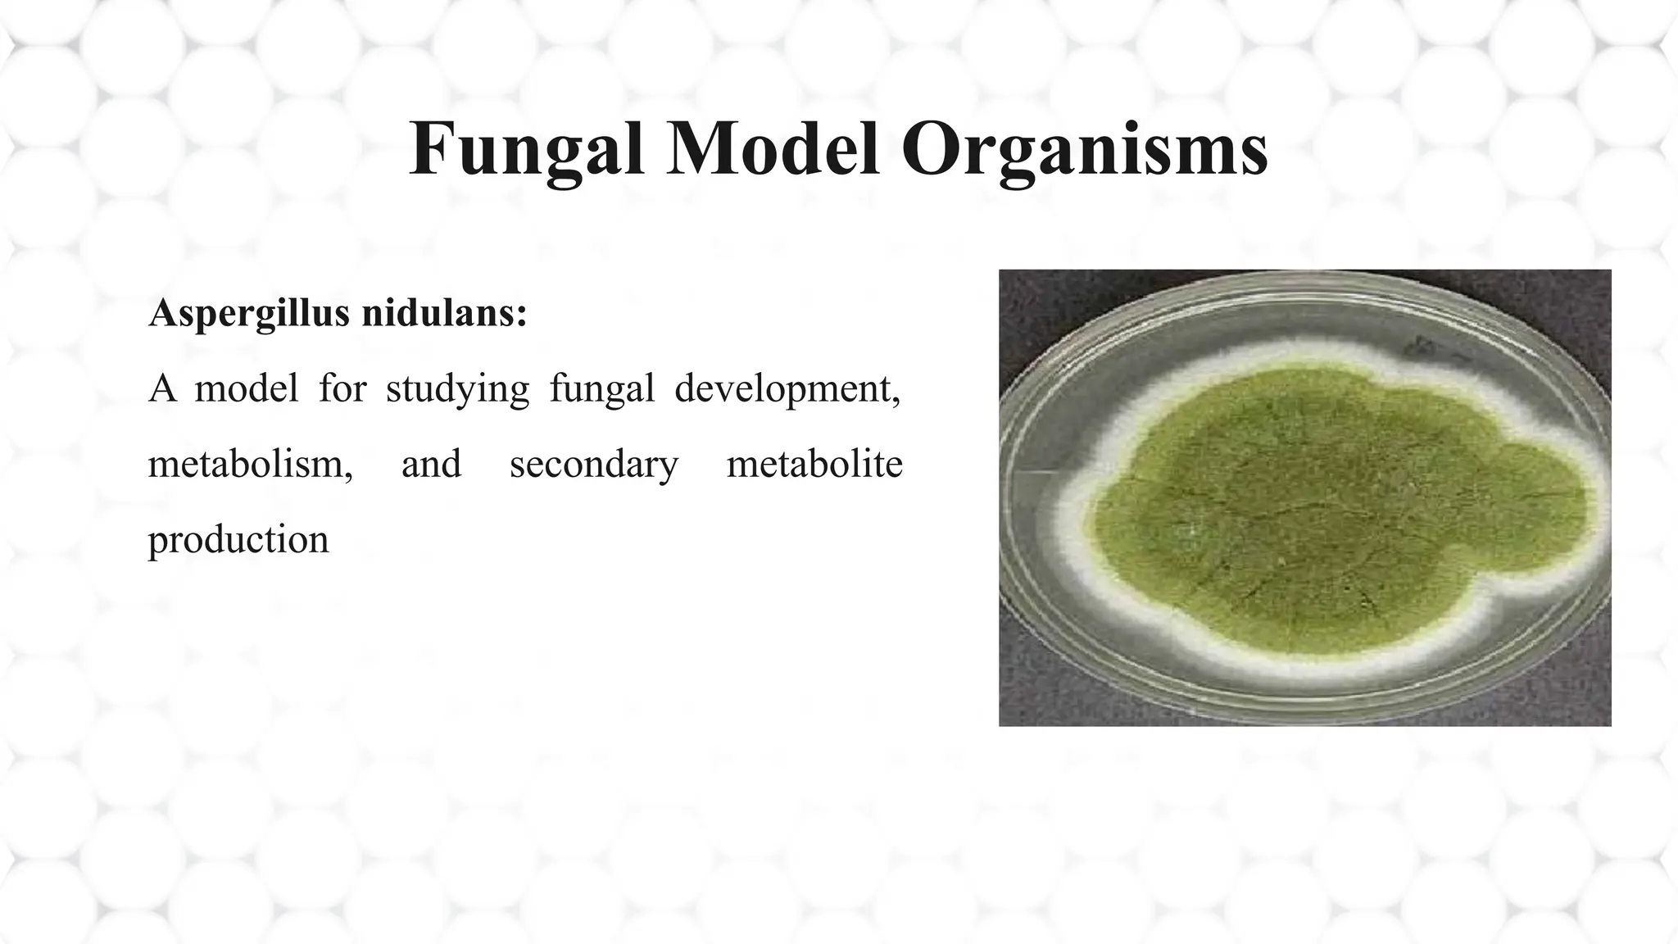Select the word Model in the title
point(773,150)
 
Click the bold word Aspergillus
point(249,314)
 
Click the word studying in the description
point(457,389)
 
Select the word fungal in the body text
point(601,389)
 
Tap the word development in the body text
point(782,389)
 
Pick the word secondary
point(593,465)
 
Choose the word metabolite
point(814,464)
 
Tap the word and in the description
point(431,464)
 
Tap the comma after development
point(896,401)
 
